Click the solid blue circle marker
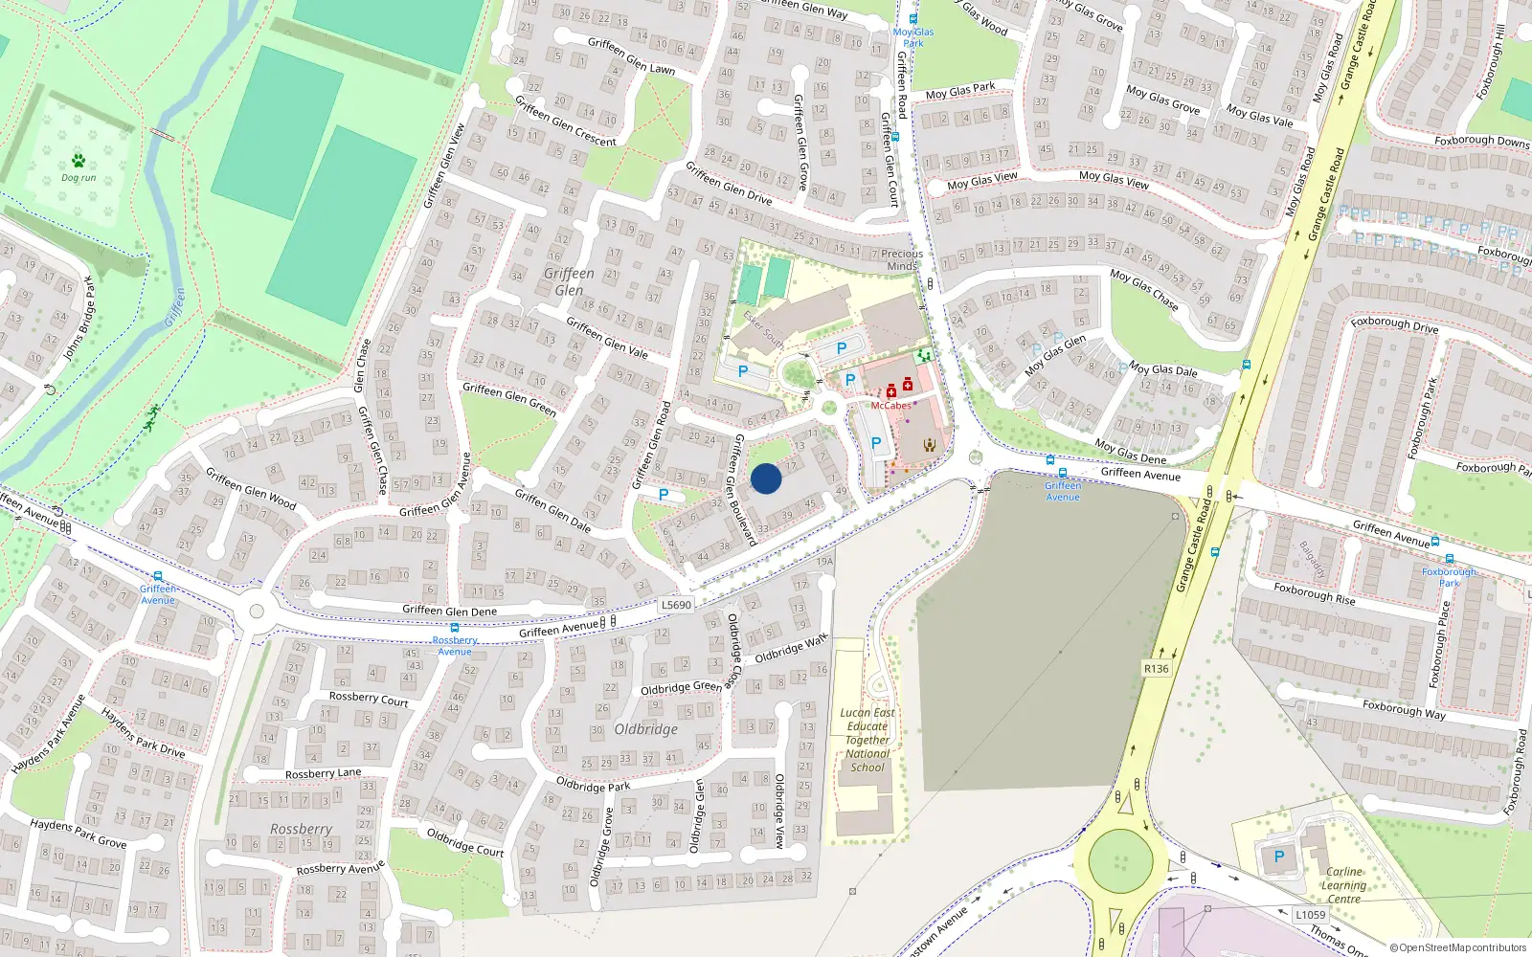tap(766, 478)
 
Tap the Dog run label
tap(79, 177)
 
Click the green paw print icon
tap(78, 160)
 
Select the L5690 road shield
tap(676, 605)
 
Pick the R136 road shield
tap(1157, 668)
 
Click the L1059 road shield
tap(1310, 914)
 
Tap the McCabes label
tap(890, 406)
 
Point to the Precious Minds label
tap(902, 259)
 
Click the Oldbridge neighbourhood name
tap(646, 729)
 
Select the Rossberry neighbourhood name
tap(301, 829)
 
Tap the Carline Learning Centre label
tap(1344, 885)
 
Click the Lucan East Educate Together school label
tap(867, 740)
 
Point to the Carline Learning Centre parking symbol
tap(1278, 857)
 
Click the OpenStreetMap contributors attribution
tap(1458, 948)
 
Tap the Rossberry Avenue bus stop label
tap(455, 645)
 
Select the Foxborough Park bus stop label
tap(1450, 577)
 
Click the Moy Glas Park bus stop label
tap(913, 37)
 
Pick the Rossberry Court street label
tap(369, 699)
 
